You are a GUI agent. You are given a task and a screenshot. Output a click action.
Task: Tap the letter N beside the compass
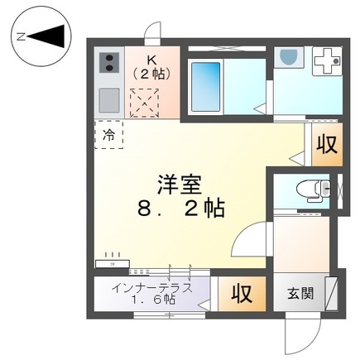pyautogui.click(x=22, y=36)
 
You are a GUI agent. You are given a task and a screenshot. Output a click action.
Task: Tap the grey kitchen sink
pyautogui.click(x=109, y=101)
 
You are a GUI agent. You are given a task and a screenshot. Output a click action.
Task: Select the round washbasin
pyautogui.click(x=289, y=57)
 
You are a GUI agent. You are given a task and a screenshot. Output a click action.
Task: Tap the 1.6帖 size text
pyautogui.click(x=155, y=300)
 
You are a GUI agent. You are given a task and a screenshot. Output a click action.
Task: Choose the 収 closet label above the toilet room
pyautogui.click(x=326, y=144)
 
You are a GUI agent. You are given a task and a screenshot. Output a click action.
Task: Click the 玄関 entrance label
pyautogui.click(x=300, y=293)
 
